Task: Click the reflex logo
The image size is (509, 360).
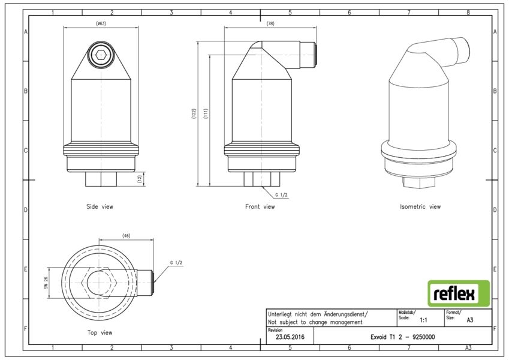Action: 459,293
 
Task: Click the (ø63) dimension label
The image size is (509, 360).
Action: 101,23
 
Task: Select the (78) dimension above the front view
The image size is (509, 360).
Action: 270,24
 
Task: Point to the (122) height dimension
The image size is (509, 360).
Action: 194,114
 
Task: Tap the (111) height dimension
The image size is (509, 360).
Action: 206,114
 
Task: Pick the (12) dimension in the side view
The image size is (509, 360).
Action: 140,179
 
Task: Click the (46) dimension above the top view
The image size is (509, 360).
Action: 127,236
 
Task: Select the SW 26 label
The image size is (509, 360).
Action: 46,283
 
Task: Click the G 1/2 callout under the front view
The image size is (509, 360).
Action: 281,195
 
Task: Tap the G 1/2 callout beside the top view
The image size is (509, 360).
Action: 176,263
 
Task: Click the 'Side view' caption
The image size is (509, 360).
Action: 100,206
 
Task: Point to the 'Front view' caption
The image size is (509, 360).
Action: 260,206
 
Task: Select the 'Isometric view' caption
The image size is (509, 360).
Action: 420,206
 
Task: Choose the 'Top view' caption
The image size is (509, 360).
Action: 100,333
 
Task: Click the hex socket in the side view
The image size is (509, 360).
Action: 101,55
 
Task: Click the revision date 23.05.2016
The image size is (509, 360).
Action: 290,337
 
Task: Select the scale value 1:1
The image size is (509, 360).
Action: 423,320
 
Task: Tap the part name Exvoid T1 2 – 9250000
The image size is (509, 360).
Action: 402,337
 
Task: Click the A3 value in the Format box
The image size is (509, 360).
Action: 469,320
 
